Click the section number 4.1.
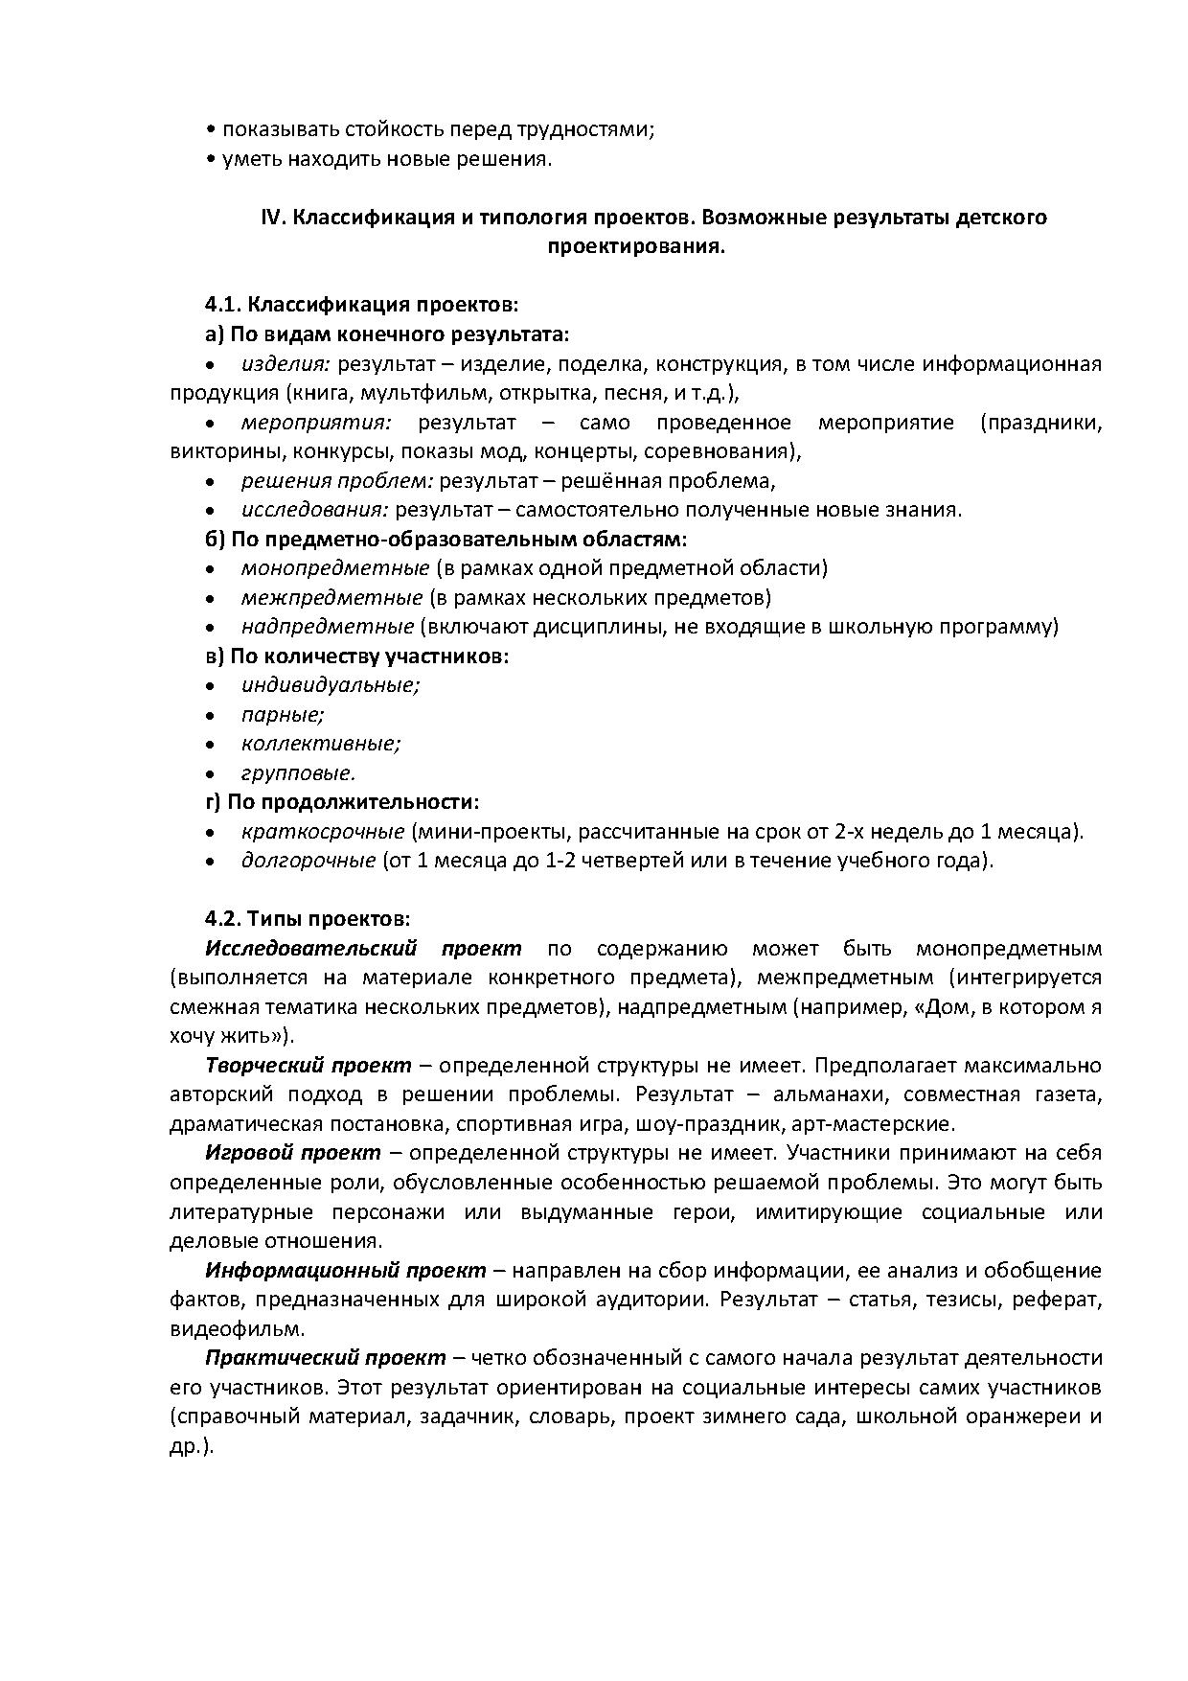click(x=222, y=305)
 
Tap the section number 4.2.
click(x=222, y=918)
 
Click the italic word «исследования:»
click(x=314, y=510)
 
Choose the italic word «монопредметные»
click(x=335, y=568)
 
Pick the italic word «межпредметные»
click(x=331, y=598)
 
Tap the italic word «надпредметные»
click(x=328, y=627)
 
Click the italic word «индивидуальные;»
click(x=331, y=685)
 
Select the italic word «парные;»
click(x=283, y=715)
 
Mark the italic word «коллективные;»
click(x=321, y=744)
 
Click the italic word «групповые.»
click(x=298, y=773)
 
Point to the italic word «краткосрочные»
click(x=323, y=832)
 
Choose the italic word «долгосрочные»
click(x=308, y=861)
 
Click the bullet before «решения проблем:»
click(x=210, y=481)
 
